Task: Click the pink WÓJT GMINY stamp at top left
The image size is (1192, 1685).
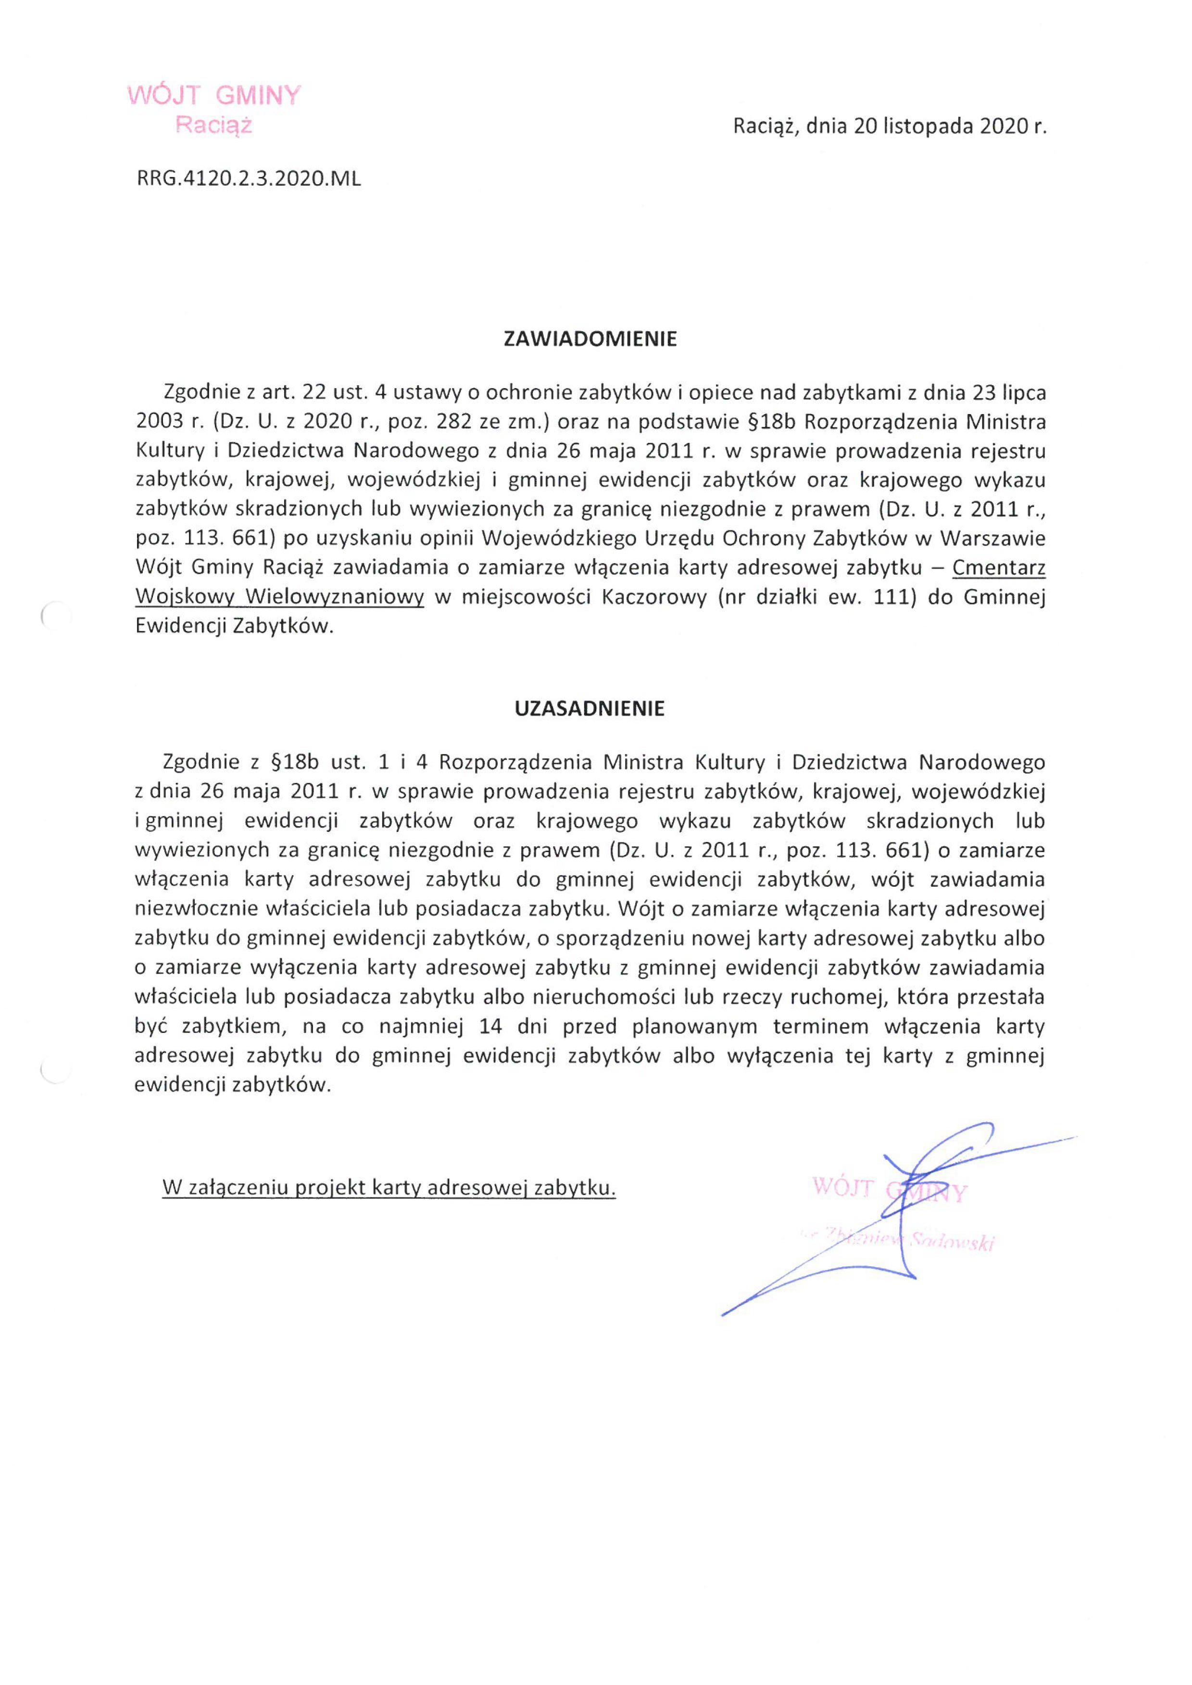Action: click(213, 95)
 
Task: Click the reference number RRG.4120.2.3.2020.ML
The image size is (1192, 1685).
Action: click(249, 179)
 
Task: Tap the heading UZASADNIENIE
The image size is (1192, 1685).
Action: click(590, 709)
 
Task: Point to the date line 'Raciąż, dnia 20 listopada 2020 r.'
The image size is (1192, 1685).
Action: click(890, 127)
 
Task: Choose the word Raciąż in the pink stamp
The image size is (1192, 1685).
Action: click(213, 126)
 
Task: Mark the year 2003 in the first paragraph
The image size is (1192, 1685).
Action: click(159, 422)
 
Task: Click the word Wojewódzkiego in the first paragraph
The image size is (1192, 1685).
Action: click(560, 539)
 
